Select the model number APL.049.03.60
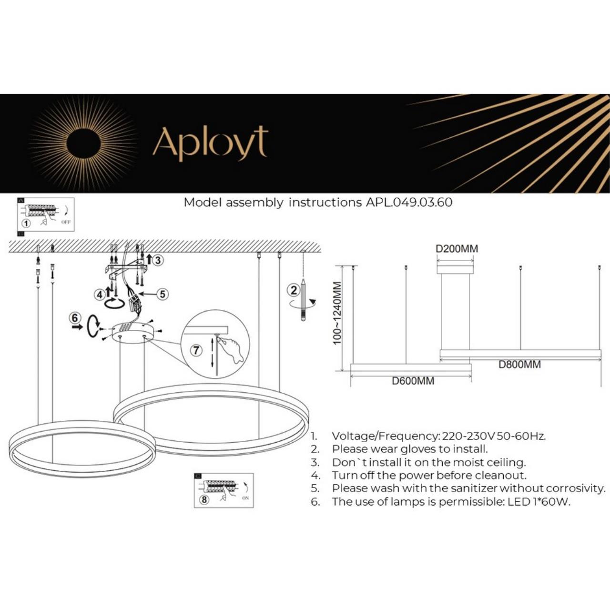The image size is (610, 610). point(409,202)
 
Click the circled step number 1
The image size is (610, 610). point(26,223)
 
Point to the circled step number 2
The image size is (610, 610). point(293,290)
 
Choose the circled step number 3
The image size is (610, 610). point(158,260)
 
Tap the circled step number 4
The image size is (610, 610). point(100,295)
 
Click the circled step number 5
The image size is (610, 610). point(163,294)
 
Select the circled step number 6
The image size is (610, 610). point(75,317)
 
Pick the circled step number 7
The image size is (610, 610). point(196,350)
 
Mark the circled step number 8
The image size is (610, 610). point(204,499)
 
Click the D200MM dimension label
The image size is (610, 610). point(457,249)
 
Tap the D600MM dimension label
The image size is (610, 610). point(413,381)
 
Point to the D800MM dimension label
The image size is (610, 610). point(519,365)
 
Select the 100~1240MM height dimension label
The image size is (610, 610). point(337,313)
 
